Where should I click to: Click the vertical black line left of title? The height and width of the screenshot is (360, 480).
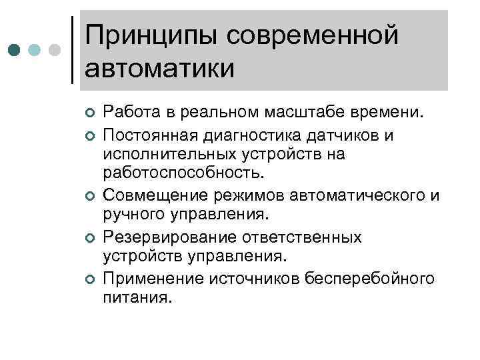[72, 50]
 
